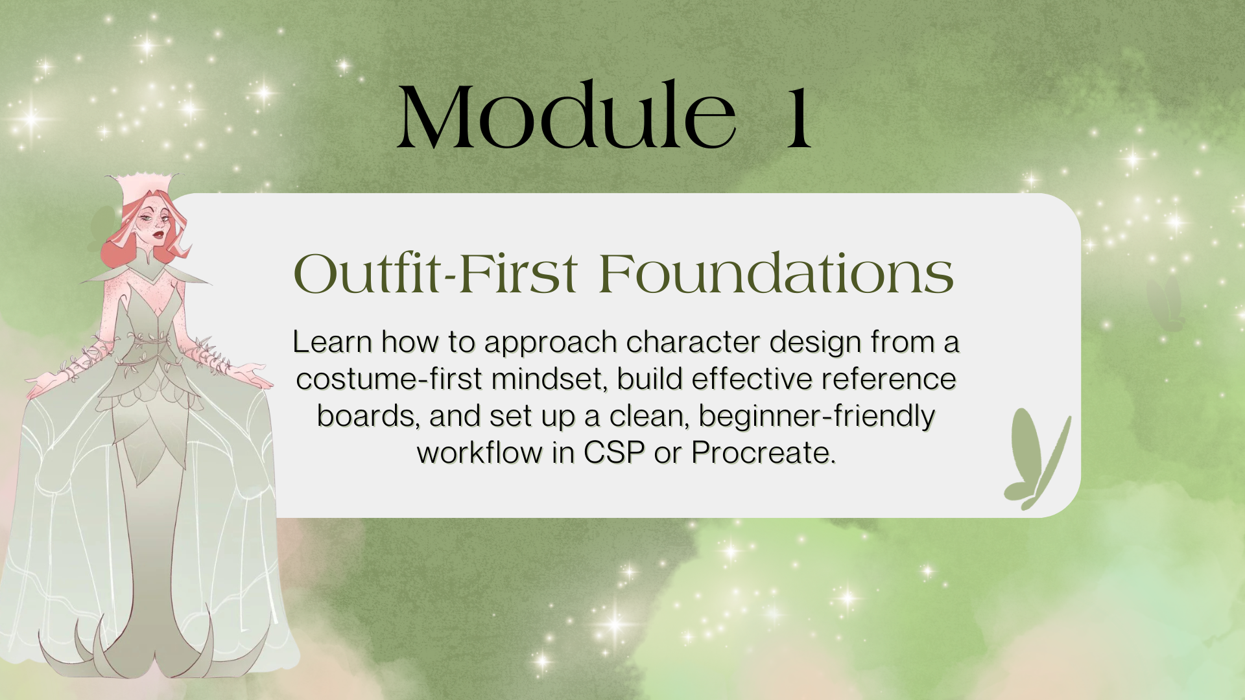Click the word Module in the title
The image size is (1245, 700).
[566, 117]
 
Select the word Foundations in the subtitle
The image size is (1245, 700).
[776, 274]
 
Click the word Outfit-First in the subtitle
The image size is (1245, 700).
[435, 274]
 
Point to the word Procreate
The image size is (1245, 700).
[763, 452]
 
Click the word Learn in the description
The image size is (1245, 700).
[332, 342]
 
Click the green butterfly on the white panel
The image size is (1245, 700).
[1037, 460]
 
